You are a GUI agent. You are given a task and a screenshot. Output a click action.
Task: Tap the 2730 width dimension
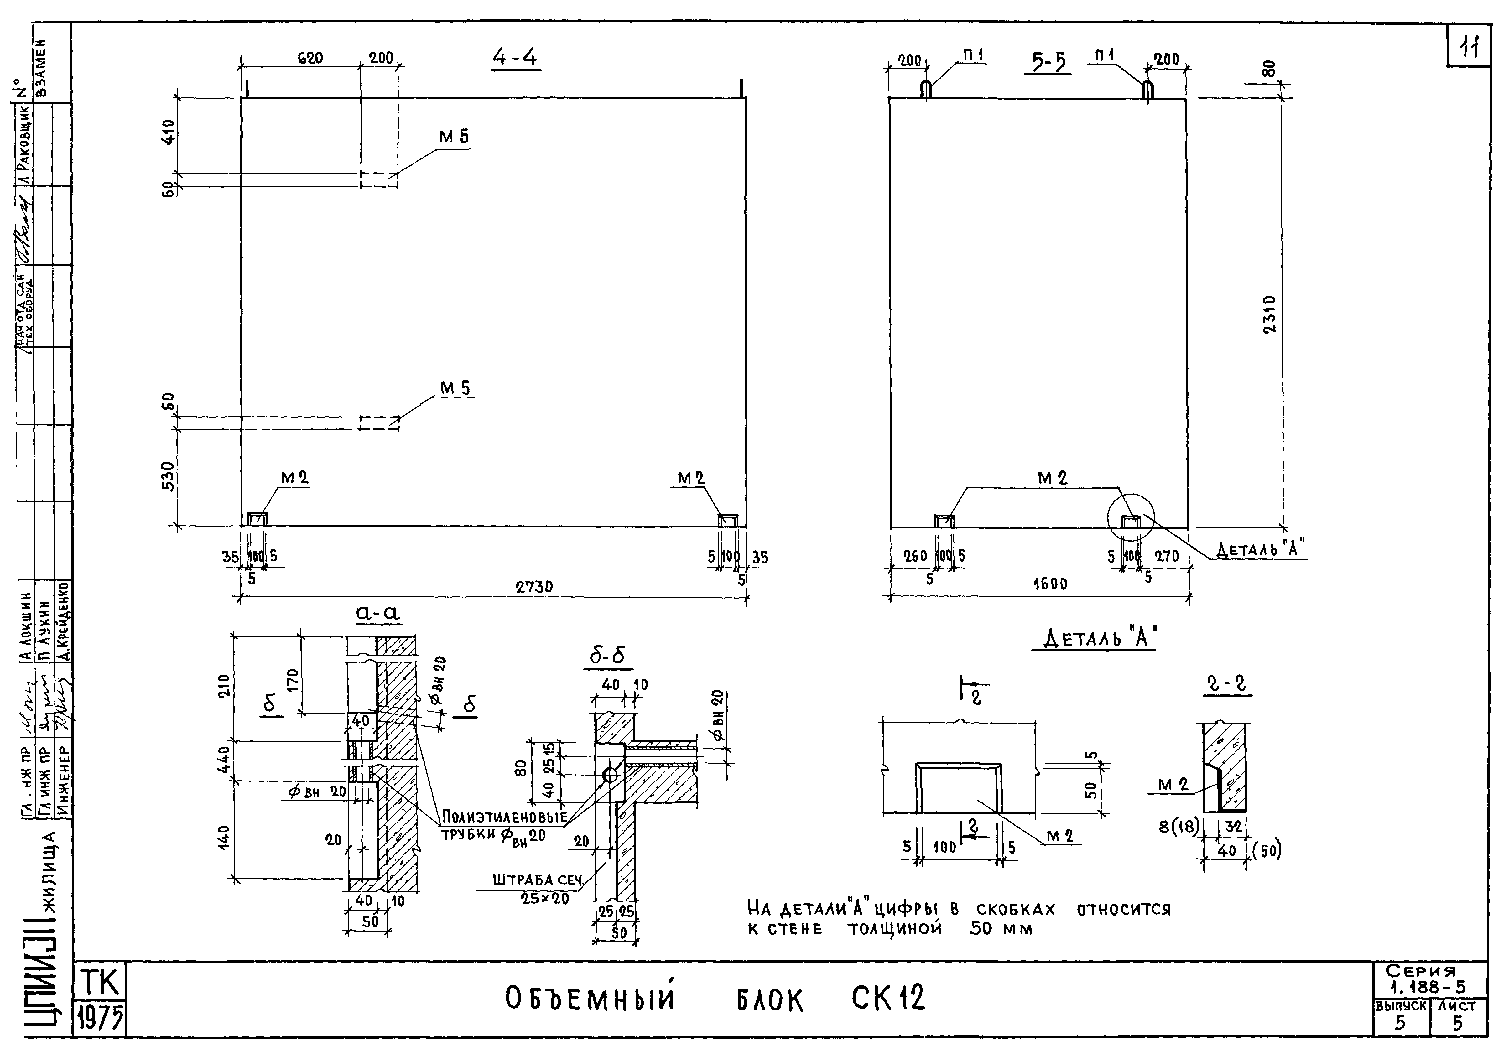534,587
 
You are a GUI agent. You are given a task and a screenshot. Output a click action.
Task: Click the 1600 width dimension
1050,584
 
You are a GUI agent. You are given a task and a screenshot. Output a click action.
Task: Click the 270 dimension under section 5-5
1167,556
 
